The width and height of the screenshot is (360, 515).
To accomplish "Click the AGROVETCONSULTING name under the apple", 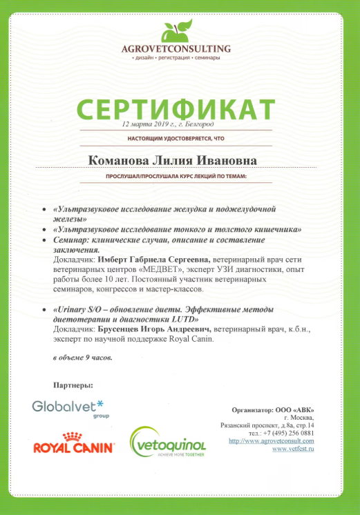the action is pos(176,49).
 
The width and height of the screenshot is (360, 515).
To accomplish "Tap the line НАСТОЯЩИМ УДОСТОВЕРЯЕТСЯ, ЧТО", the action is pos(176,139).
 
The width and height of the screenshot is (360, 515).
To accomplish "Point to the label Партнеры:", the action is pos(72,384).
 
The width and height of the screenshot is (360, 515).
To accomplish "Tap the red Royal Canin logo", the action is pos(73,444).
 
